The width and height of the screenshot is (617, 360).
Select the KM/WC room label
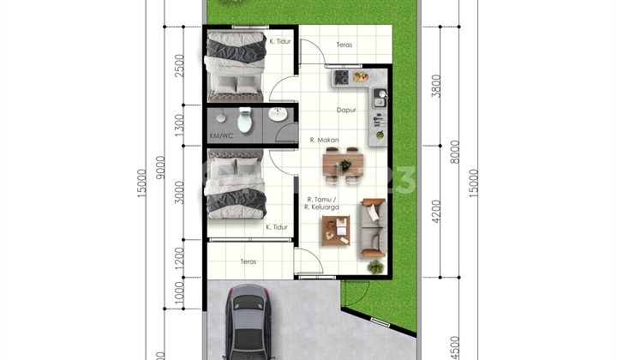219,136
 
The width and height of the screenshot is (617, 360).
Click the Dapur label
345,109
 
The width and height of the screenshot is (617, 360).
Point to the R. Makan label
324,140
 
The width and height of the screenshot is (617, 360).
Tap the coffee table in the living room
335,228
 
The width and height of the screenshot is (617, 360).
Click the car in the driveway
248,323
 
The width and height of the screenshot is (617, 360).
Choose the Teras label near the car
249,261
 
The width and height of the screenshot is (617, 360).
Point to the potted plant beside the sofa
375,267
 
